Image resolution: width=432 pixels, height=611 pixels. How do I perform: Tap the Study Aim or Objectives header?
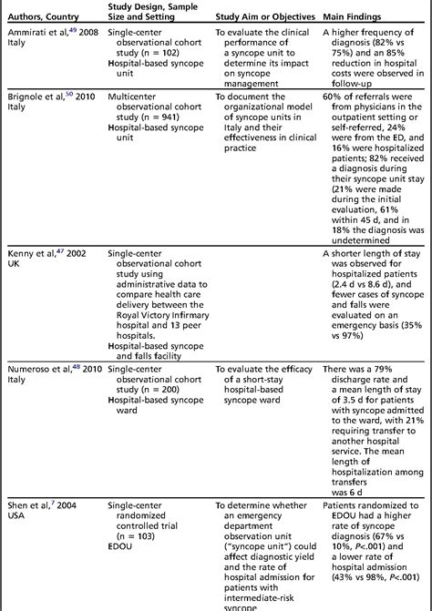pyautogui.click(x=264, y=17)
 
